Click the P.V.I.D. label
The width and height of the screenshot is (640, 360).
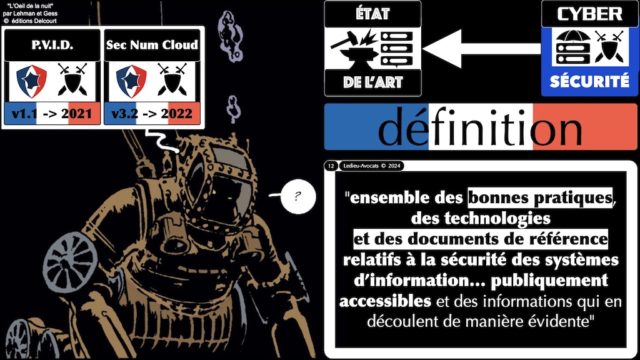point(52,45)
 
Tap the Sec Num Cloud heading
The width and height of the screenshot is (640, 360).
point(152,44)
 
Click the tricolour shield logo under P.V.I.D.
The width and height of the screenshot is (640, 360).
point(31,81)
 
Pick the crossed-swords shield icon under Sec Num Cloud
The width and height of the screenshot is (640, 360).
point(172,79)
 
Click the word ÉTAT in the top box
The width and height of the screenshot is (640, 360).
point(372,14)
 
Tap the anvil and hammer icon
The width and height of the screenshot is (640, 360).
point(354,49)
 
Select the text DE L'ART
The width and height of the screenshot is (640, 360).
point(372,82)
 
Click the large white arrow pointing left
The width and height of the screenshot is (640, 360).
point(482,49)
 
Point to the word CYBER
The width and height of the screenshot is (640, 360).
point(590,14)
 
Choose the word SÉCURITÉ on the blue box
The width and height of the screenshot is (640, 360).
point(589,82)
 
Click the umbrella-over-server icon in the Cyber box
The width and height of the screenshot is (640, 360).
point(573,47)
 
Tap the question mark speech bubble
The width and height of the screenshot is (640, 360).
point(298,197)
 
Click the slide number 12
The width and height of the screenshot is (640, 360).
point(331,166)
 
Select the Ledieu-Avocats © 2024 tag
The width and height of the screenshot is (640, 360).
point(371,166)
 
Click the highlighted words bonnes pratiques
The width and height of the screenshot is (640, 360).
point(540,198)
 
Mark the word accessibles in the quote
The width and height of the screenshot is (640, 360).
point(385,301)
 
